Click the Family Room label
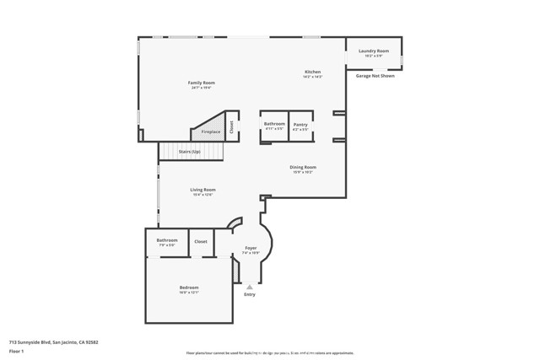pos(202,83)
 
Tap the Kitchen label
pos(312,73)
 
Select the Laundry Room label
pos(373,51)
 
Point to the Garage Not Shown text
pos(375,75)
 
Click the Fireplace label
pos(210,132)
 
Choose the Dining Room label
pos(303,168)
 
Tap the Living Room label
pos(202,191)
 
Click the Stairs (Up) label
pos(190,152)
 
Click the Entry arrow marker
pos(250,287)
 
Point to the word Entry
pos(250,294)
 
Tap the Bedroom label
pos(189,289)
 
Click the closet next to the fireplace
pos(231,126)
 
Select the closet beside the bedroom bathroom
pos(201,242)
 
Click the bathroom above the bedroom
pos(166,242)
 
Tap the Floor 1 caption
pos(17,352)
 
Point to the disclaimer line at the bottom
pos(270,353)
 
